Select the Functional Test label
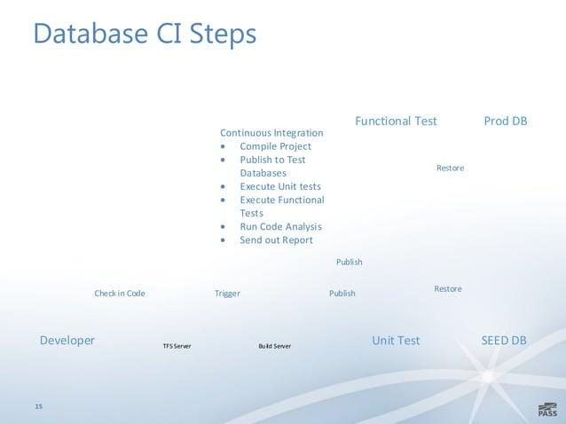(396, 121)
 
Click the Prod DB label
(506, 121)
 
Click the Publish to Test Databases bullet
(272, 166)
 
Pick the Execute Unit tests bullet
(280, 186)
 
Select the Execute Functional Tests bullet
(281, 206)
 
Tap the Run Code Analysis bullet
(280, 226)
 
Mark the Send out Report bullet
(276, 239)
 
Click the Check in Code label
(120, 294)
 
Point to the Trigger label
(227, 294)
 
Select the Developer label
(67, 341)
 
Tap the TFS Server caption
(177, 345)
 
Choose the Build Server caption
(274, 345)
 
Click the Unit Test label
(396, 341)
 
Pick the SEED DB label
(503, 341)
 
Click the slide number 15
(38, 405)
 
